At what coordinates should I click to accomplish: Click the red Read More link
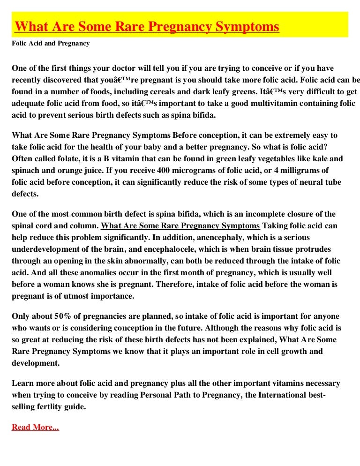(x=35, y=427)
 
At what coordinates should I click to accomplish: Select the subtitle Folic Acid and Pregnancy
(x=51, y=44)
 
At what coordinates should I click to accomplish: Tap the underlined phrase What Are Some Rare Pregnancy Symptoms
(x=180, y=225)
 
